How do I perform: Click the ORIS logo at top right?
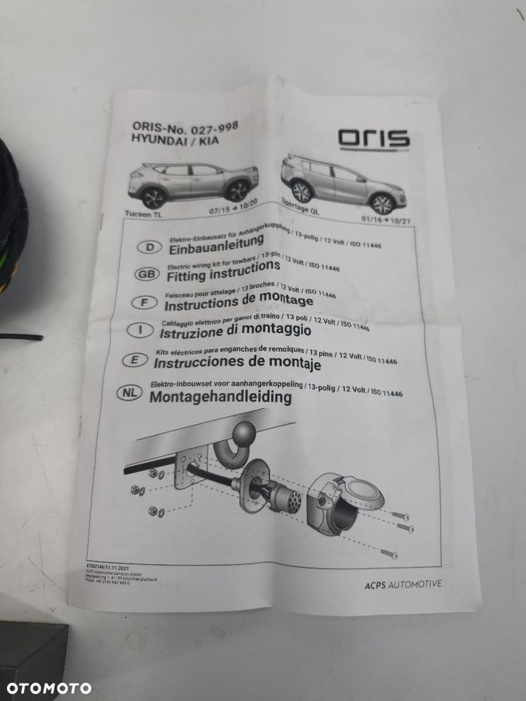tap(374, 138)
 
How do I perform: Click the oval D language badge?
tap(149, 247)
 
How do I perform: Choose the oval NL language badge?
tap(131, 394)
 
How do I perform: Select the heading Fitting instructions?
tap(222, 269)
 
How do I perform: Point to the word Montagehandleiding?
tap(220, 397)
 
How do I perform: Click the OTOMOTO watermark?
tap(48, 688)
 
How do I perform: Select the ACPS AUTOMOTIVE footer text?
tap(403, 584)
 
